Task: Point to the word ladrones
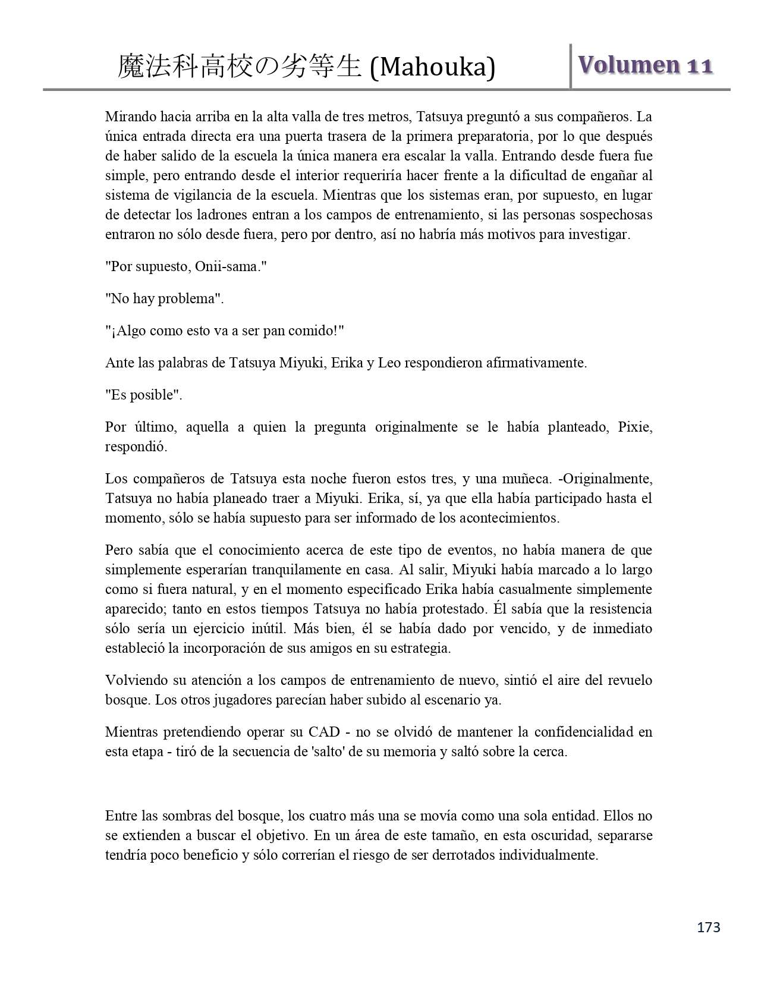(195, 215)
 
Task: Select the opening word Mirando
(129, 117)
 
